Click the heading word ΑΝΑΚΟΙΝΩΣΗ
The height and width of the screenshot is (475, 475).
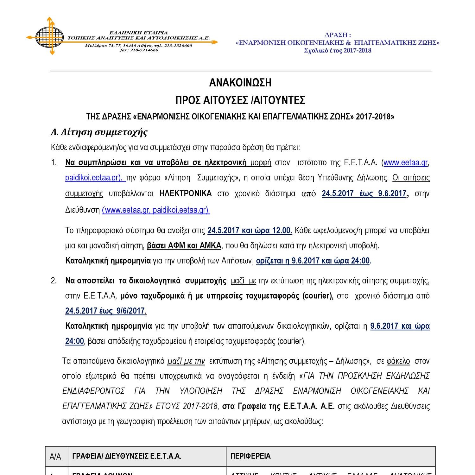240,83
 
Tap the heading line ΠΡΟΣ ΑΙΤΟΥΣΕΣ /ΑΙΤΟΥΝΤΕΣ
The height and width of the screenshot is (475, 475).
240,100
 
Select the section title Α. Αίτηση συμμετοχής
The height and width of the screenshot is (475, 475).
99,132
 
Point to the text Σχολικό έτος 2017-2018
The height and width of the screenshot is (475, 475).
338,50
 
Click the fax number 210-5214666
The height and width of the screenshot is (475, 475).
143,50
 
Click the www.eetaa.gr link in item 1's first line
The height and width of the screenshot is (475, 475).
406,163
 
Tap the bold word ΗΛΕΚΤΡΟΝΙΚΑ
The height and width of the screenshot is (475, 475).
186,193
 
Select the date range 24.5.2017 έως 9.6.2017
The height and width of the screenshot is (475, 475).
364,193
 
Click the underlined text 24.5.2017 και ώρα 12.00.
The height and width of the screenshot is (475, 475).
250,231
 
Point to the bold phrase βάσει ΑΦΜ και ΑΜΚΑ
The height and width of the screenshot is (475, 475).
184,246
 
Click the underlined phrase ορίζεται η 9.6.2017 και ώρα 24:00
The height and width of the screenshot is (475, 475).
313,261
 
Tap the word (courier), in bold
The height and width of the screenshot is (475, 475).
318,296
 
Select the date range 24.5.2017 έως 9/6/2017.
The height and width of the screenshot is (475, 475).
106,311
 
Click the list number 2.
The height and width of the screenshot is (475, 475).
54,281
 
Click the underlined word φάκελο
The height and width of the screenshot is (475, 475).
398,361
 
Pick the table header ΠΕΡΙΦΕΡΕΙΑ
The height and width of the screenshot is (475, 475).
250,456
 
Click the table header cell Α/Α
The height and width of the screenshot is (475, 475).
55,457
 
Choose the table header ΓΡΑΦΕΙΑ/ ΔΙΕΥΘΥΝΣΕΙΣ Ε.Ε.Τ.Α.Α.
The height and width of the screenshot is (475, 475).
127,456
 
